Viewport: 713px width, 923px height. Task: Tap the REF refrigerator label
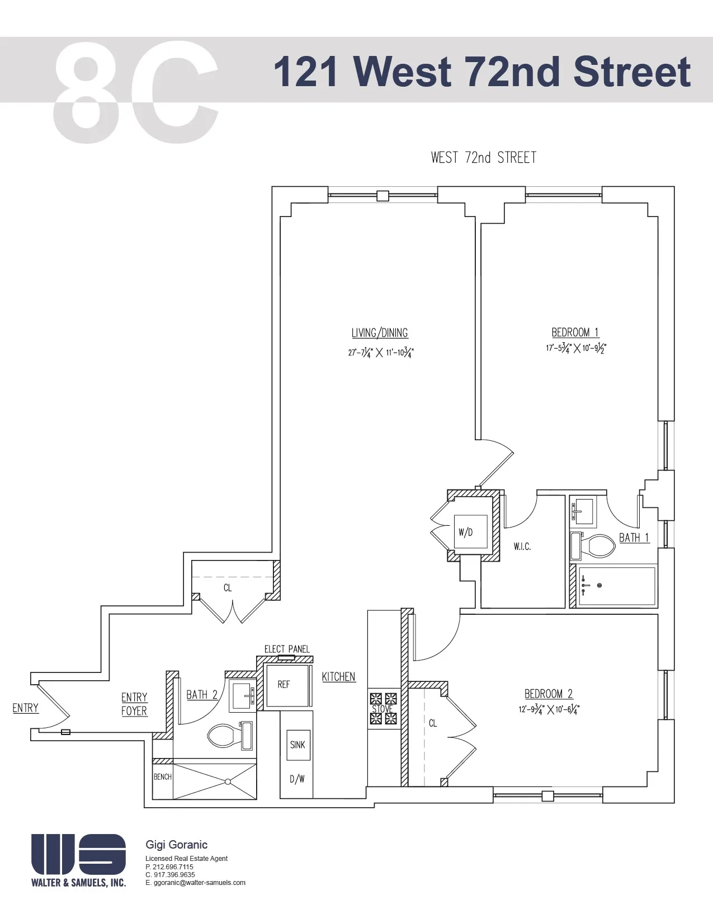click(x=284, y=685)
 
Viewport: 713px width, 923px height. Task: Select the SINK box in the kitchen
click(x=298, y=745)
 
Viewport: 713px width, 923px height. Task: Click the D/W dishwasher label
click(x=297, y=779)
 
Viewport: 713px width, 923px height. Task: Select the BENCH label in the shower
click(x=163, y=777)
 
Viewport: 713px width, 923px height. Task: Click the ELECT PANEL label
click(x=287, y=649)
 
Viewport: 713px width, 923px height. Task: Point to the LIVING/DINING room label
click(x=380, y=333)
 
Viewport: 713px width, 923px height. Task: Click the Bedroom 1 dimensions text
click(x=576, y=348)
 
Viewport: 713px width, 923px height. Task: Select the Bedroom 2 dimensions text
click(x=549, y=709)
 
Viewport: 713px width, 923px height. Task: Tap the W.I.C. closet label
click(x=522, y=547)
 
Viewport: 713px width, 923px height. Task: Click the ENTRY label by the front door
click(x=26, y=708)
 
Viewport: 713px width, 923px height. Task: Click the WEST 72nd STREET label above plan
click(x=483, y=158)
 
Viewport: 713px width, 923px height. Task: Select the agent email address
click(x=196, y=883)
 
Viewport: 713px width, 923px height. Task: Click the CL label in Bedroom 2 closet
click(x=433, y=723)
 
